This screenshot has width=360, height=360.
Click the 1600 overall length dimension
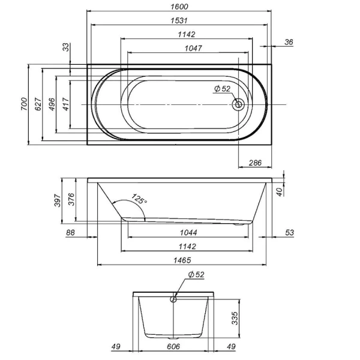click(x=180, y=7)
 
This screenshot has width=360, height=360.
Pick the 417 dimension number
click(x=65, y=103)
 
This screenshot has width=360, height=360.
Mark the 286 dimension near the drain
click(x=255, y=163)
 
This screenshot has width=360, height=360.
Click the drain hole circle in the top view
click(x=239, y=104)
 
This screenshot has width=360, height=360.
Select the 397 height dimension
click(x=58, y=200)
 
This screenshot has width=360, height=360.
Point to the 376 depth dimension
click(x=71, y=199)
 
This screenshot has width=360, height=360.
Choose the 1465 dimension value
click(x=184, y=260)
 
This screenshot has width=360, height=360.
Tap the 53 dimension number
click(x=289, y=232)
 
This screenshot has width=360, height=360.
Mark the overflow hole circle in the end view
click(x=174, y=298)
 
